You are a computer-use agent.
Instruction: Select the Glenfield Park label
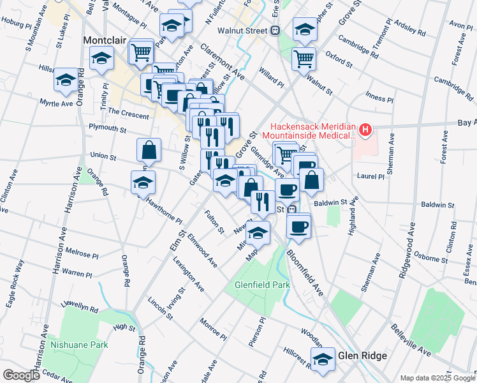262,285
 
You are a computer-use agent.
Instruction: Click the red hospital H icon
365,131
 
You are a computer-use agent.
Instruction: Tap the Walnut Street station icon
275,29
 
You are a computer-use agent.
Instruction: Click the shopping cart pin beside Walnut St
304,59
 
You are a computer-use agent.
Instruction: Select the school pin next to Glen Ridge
323,358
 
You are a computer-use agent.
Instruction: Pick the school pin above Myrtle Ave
66,80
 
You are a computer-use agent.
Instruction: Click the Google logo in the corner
21,375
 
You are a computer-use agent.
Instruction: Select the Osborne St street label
430,258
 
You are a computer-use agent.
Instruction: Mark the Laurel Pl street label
371,176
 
